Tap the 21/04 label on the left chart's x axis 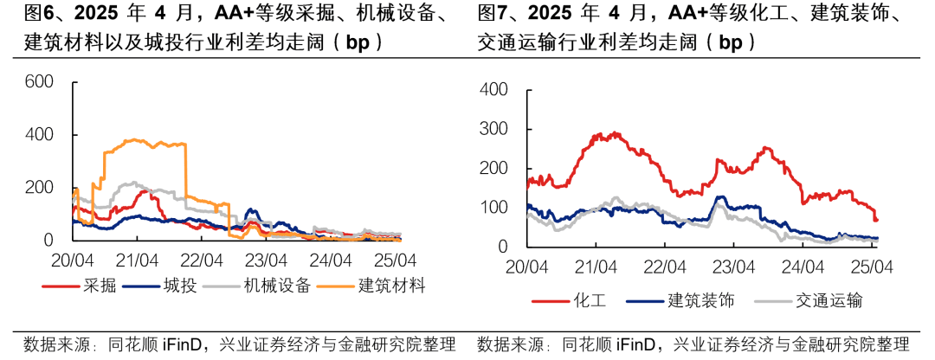[137, 260]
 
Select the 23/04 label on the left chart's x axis [267, 260]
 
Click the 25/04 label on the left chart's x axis [397, 260]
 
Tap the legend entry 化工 [589, 300]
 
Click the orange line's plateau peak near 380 [134, 140]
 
